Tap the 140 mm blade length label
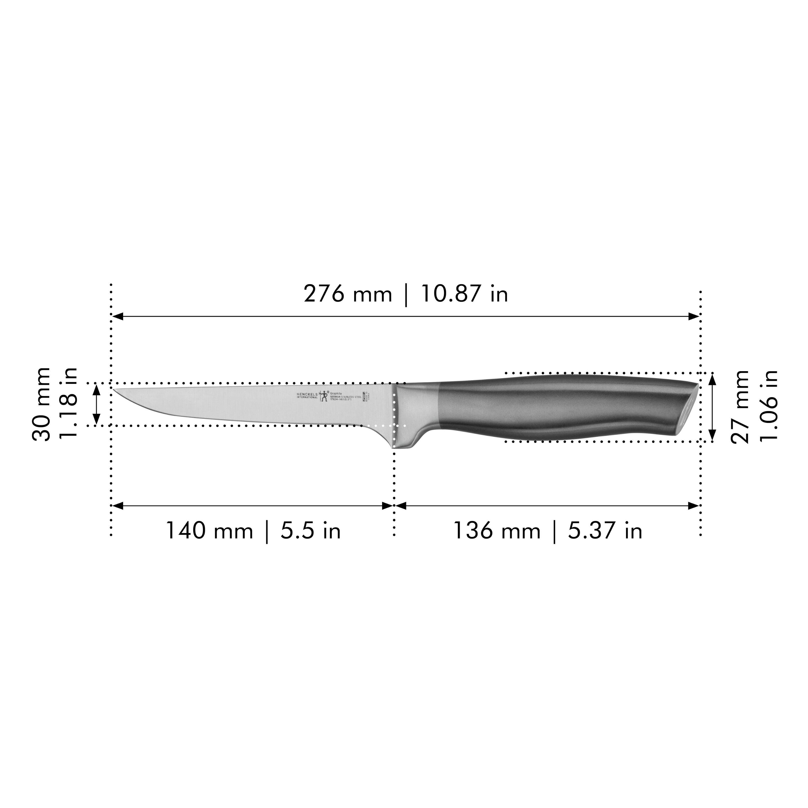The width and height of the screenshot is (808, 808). (x=209, y=531)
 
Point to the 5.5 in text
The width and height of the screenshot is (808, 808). (x=310, y=531)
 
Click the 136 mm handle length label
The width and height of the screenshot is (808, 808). (x=497, y=531)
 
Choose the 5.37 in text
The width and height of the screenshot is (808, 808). (x=605, y=531)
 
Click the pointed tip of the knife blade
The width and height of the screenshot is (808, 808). (x=114, y=389)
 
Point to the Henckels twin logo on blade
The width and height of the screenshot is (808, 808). (x=324, y=396)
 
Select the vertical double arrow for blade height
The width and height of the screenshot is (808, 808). (x=96, y=404)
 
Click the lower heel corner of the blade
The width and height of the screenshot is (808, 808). (x=394, y=447)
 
